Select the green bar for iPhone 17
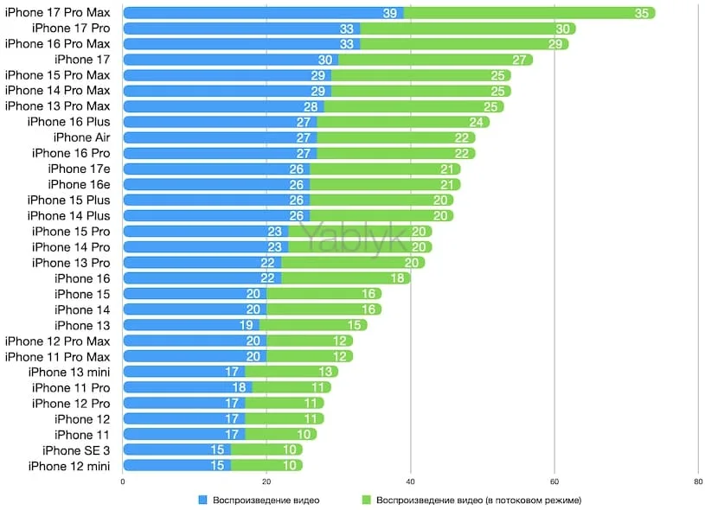[433, 60]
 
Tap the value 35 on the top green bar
[642, 13]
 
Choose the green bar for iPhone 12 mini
[266, 465]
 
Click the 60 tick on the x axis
[554, 481]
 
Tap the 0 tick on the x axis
[123, 481]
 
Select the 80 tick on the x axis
[698, 481]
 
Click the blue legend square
[203, 500]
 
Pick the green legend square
[368, 500]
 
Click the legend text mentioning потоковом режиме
[478, 500]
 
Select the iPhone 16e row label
[80, 184]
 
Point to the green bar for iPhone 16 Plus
[398, 122]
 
